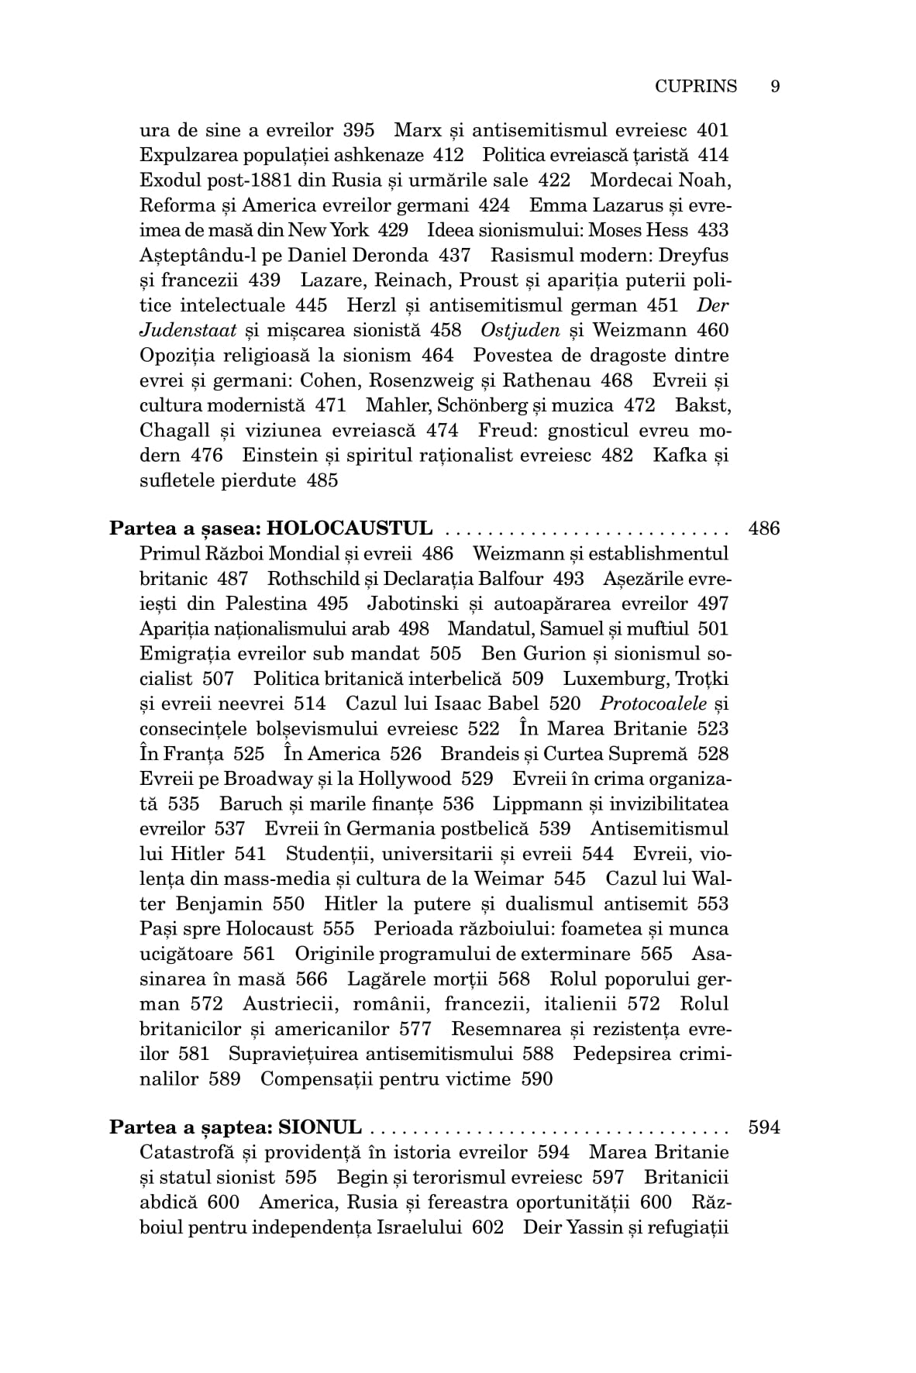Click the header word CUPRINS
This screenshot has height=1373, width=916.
695,86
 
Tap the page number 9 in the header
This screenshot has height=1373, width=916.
775,86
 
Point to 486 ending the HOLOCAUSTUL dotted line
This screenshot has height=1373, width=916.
764,528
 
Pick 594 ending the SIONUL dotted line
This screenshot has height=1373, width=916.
764,1127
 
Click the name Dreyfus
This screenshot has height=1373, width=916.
695,255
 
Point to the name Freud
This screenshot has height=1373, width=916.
504,430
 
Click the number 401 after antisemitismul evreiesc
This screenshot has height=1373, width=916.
713,130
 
